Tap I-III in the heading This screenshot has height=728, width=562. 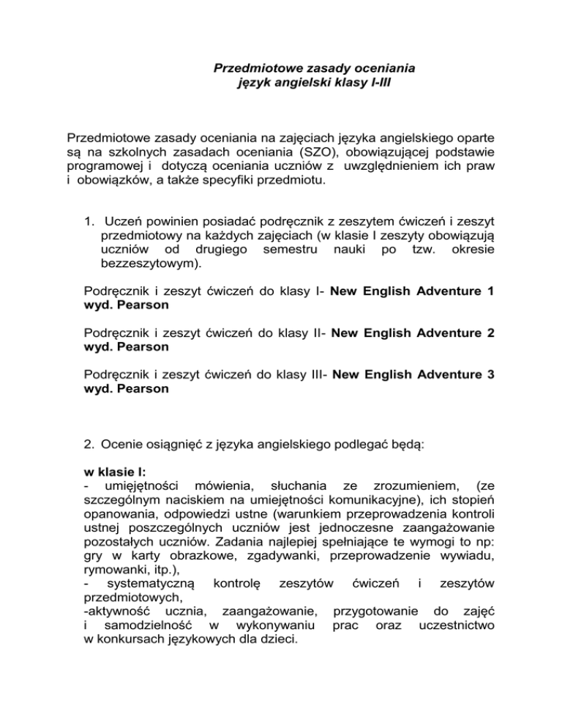376,84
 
